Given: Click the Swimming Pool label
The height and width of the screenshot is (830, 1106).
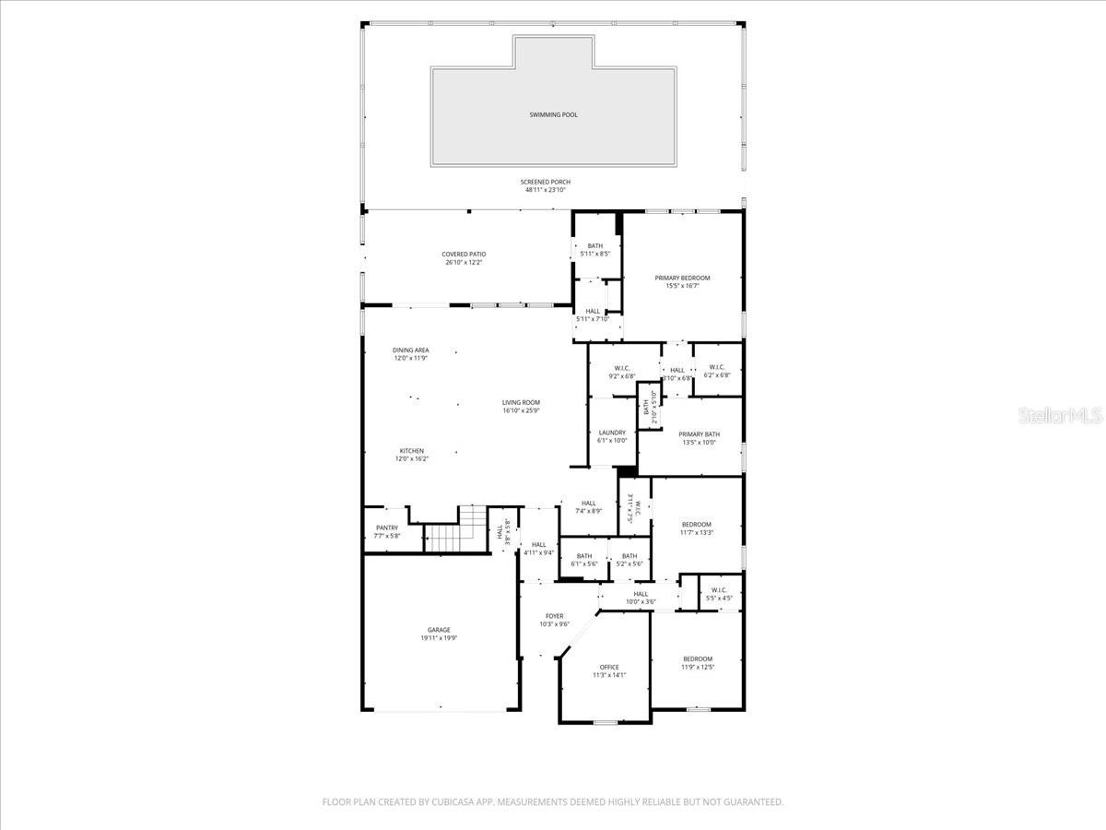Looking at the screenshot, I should (x=553, y=114).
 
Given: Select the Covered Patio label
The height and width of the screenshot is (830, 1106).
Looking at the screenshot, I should (x=464, y=254).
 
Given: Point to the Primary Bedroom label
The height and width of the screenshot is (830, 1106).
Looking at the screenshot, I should (x=682, y=278).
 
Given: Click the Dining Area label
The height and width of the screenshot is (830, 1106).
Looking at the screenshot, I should (x=411, y=350).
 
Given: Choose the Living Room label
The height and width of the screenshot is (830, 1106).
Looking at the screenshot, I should (x=521, y=402).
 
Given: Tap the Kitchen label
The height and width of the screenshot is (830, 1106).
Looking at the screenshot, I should (x=411, y=451).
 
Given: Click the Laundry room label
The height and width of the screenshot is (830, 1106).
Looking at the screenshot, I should (x=612, y=433).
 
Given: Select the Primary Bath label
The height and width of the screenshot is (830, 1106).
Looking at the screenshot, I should (x=700, y=434).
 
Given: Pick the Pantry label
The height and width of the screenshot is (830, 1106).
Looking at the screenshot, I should (x=387, y=528).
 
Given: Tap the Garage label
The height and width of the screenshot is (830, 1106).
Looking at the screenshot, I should (x=439, y=630).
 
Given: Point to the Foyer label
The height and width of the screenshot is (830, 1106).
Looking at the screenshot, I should (x=554, y=616).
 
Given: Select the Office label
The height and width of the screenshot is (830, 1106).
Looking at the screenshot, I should (x=609, y=667).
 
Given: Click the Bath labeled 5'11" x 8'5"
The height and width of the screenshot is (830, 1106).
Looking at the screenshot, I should (x=594, y=245).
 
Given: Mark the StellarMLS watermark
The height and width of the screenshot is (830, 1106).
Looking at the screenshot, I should (x=1060, y=417).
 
